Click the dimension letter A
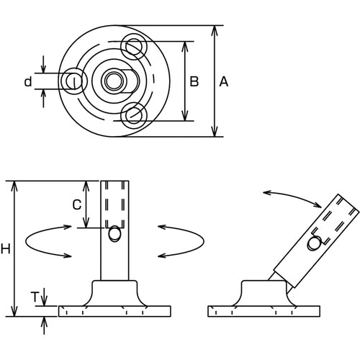[x=223, y=82]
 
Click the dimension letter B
[x=194, y=82]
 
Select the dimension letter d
[x=28, y=82]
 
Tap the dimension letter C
[x=76, y=204]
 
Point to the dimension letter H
[x=6, y=249]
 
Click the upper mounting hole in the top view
[x=134, y=47]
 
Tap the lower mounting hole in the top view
[x=134, y=114]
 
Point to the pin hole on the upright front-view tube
[x=114, y=235]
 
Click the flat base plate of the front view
[x=114, y=311]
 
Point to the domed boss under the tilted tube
[x=264, y=292]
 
